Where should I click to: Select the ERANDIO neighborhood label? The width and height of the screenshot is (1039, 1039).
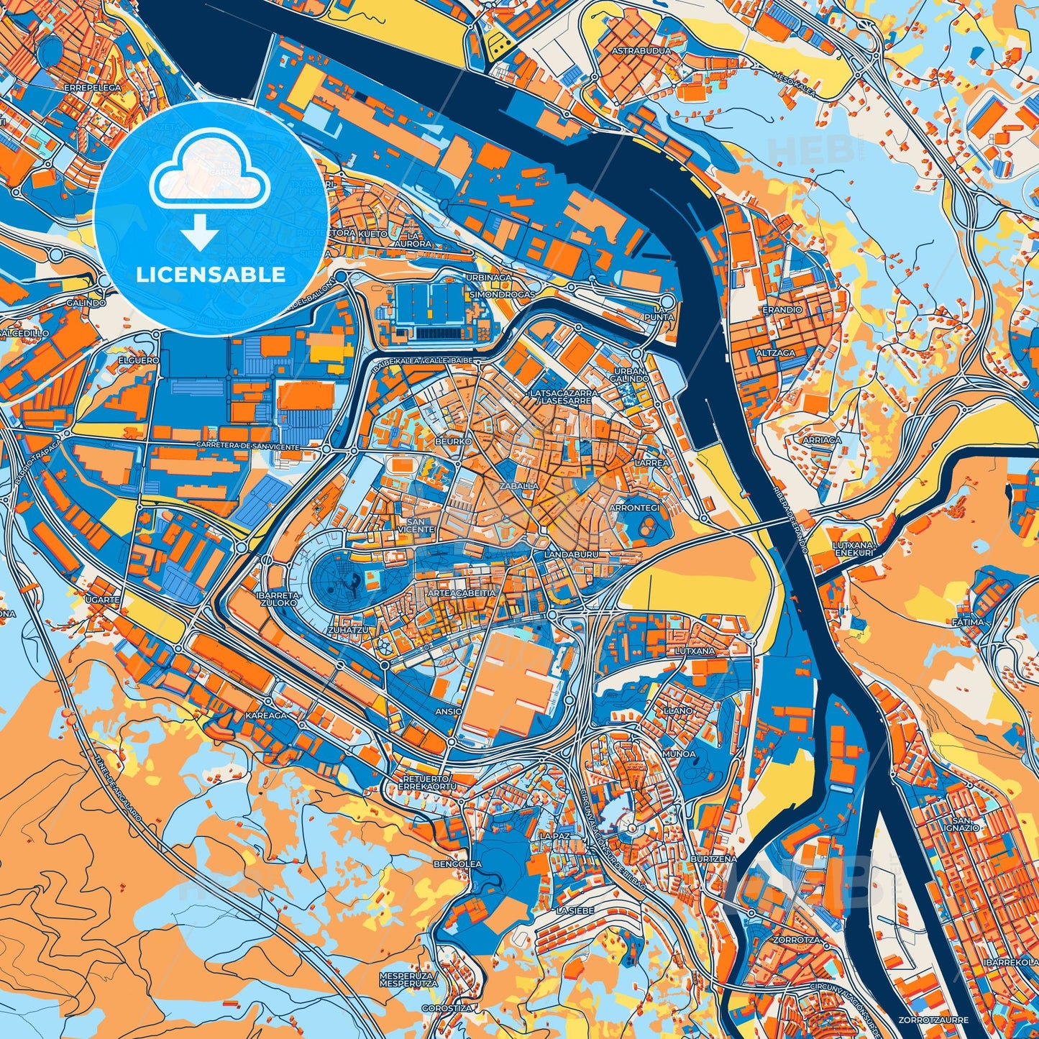coord(782,310)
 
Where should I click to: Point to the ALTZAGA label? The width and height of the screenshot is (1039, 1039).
coord(775,354)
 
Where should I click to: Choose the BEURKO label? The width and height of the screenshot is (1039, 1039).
coord(453,440)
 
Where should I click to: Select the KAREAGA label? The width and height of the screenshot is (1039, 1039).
coord(265,715)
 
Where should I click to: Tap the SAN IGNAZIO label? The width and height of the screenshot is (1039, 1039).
coord(966,824)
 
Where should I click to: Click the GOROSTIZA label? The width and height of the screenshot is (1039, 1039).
coord(447,1008)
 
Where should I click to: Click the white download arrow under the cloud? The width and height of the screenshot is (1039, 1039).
coord(200,234)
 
